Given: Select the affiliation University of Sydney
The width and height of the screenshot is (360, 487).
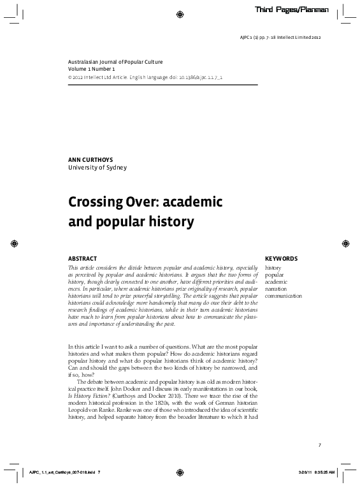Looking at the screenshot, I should (97, 168).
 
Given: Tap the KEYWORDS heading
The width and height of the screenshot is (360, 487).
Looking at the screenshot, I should (281, 259).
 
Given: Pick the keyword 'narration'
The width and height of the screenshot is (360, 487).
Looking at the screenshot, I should (277, 289).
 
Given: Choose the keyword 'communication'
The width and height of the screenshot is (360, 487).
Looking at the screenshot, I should (284, 296).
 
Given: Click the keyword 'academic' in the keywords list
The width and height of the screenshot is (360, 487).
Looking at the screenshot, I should (277, 282).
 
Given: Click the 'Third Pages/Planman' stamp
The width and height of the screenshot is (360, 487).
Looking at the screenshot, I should (292, 10).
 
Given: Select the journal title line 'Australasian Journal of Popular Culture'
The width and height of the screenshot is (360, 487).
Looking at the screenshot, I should (115, 62).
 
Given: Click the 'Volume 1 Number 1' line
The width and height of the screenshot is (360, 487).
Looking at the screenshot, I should (92, 68).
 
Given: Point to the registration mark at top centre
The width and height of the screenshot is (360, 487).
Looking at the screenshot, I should (180, 13).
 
